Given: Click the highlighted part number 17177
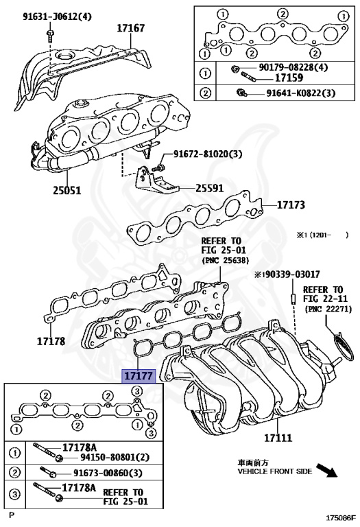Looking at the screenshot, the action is click(x=139, y=376).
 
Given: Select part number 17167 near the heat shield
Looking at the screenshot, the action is click(x=131, y=28).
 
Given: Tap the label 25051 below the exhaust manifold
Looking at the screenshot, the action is click(x=67, y=191).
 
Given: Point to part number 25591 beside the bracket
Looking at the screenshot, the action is click(x=210, y=188).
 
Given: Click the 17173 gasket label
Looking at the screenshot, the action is click(x=291, y=204).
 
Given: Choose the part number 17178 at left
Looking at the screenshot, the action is click(x=51, y=342).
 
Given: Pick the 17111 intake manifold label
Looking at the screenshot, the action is click(x=278, y=438).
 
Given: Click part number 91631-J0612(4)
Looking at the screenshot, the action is click(x=57, y=16).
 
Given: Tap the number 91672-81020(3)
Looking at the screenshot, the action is click(x=208, y=154).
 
